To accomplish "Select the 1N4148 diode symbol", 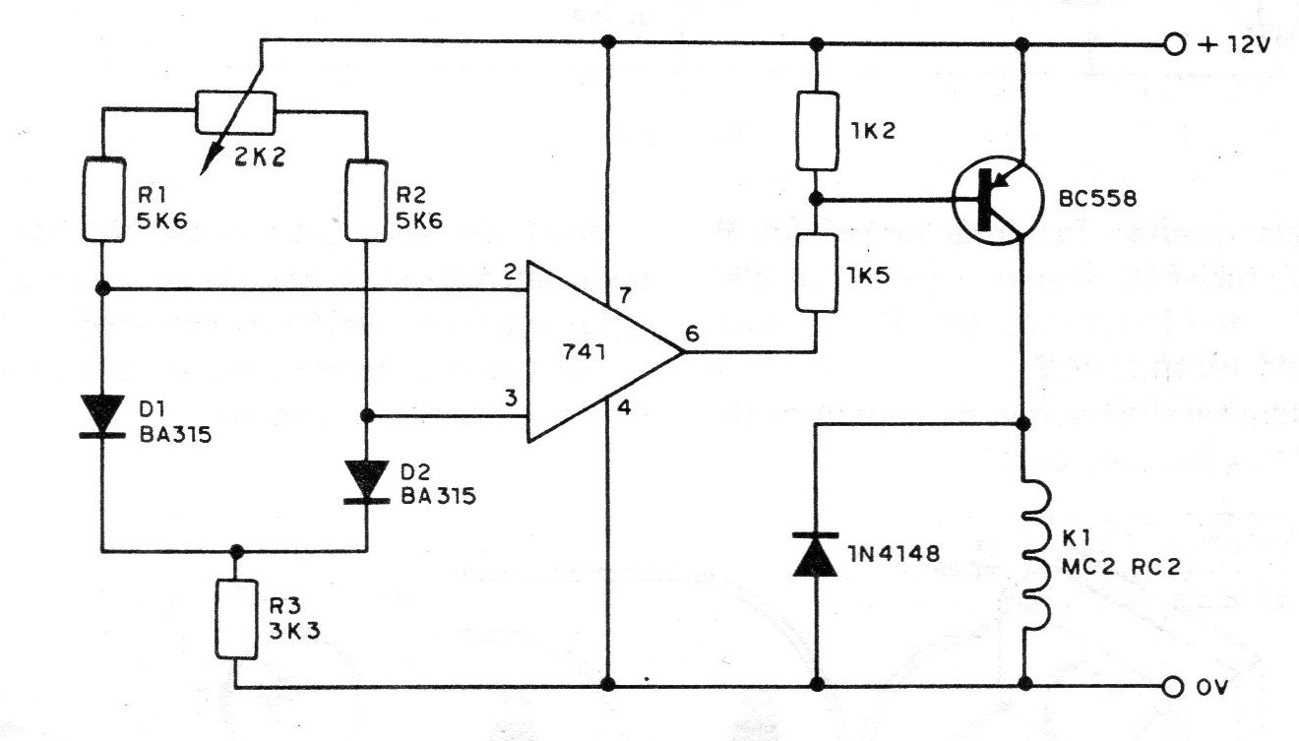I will pyautogui.click(x=815, y=553).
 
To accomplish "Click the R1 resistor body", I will pyautogui.click(x=103, y=198).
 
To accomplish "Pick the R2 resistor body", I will pyautogui.click(x=366, y=198).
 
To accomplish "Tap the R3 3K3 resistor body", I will pyautogui.click(x=236, y=618).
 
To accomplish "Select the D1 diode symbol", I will pyautogui.click(x=103, y=413).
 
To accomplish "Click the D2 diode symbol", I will pyautogui.click(x=366, y=482).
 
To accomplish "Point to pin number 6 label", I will pyautogui.click(x=692, y=335).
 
